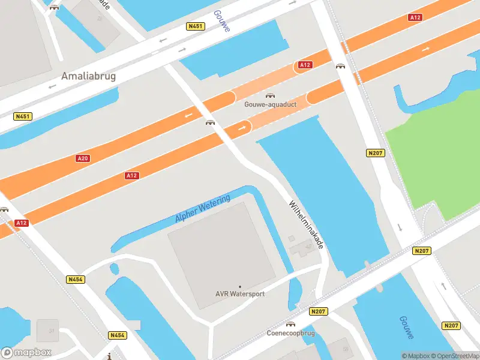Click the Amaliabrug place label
point(88,77)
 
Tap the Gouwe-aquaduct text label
point(270,104)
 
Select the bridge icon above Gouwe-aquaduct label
point(270,95)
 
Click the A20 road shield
point(83,158)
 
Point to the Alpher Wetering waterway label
point(202,209)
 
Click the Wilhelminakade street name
point(307,224)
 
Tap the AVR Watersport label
point(240,294)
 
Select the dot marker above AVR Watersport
point(240,287)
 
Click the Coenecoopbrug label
point(291,333)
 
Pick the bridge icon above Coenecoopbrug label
point(291,325)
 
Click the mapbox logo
point(26,352)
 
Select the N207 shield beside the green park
point(375,154)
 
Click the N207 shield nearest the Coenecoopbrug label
point(319,311)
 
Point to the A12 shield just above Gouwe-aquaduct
point(305,65)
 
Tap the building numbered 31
point(47,331)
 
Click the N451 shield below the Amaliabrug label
point(23,116)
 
